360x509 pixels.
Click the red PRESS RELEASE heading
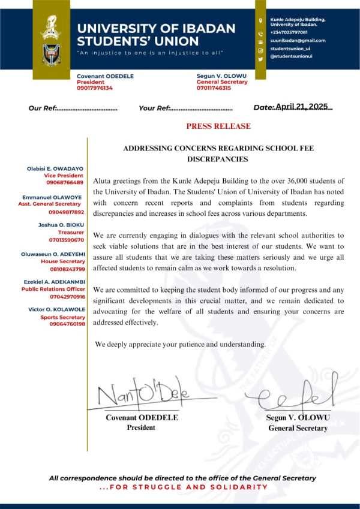click(218, 127)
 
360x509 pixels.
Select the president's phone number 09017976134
click(95, 88)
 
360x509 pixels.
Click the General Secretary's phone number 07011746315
click(214, 88)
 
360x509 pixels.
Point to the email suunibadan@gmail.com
click(298, 40)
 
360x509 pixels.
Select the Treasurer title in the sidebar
click(71, 233)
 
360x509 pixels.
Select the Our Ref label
click(42, 109)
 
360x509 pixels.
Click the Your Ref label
click(154, 109)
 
